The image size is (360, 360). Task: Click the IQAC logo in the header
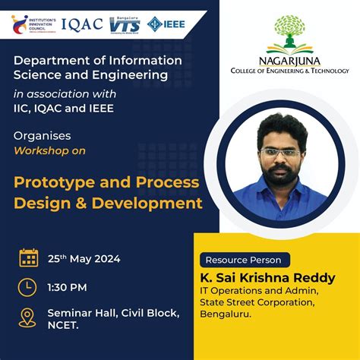click(81, 24)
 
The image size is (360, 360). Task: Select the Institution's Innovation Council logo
click(31, 24)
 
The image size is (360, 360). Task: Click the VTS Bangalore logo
click(125, 24)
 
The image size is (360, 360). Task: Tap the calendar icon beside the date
click(29, 258)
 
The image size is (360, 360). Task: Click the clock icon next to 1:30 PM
click(27, 287)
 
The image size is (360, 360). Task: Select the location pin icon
click(27, 317)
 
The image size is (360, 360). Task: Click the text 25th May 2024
click(84, 259)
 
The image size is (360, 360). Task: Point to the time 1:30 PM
click(68, 287)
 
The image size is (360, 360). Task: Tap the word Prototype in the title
click(55, 183)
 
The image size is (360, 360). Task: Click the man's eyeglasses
click(279, 152)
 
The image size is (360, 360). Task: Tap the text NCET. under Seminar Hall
click(64, 324)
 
